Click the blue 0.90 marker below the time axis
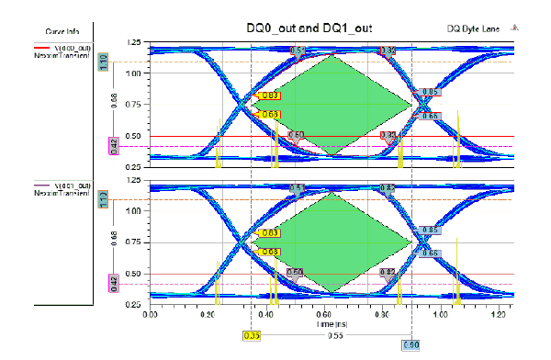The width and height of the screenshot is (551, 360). point(411,344)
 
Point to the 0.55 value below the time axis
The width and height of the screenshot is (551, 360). point(332,335)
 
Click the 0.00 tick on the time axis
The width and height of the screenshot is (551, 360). point(152,314)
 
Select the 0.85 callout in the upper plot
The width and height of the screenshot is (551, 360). point(431,93)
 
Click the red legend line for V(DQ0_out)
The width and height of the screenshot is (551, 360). point(44,46)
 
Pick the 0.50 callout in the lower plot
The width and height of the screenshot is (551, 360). point(295,272)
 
